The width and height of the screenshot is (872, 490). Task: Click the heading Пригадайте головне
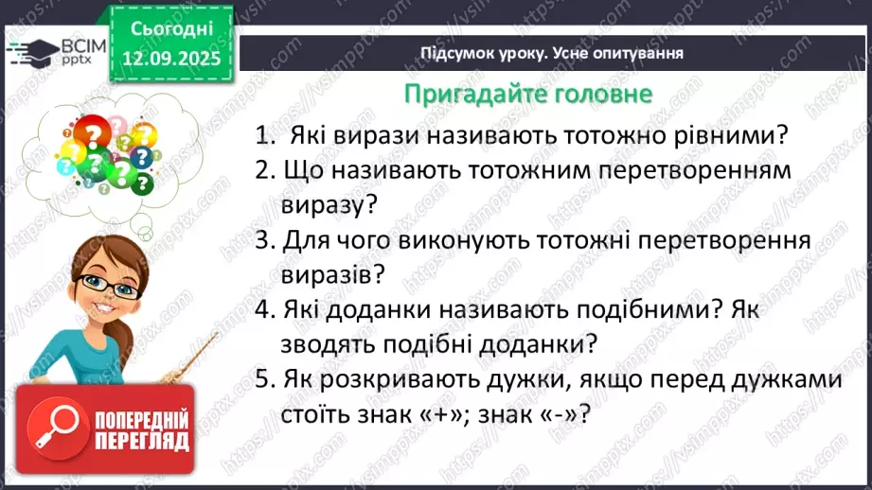tap(527, 95)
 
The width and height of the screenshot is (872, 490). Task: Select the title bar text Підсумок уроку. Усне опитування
tap(552, 53)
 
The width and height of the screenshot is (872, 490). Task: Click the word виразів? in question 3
tap(333, 274)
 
